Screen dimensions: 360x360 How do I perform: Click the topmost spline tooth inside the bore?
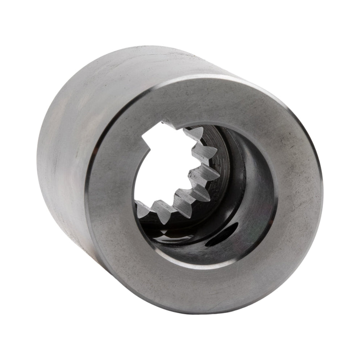tap(195, 134)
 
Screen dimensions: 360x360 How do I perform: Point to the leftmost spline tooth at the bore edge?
tap(142, 209)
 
